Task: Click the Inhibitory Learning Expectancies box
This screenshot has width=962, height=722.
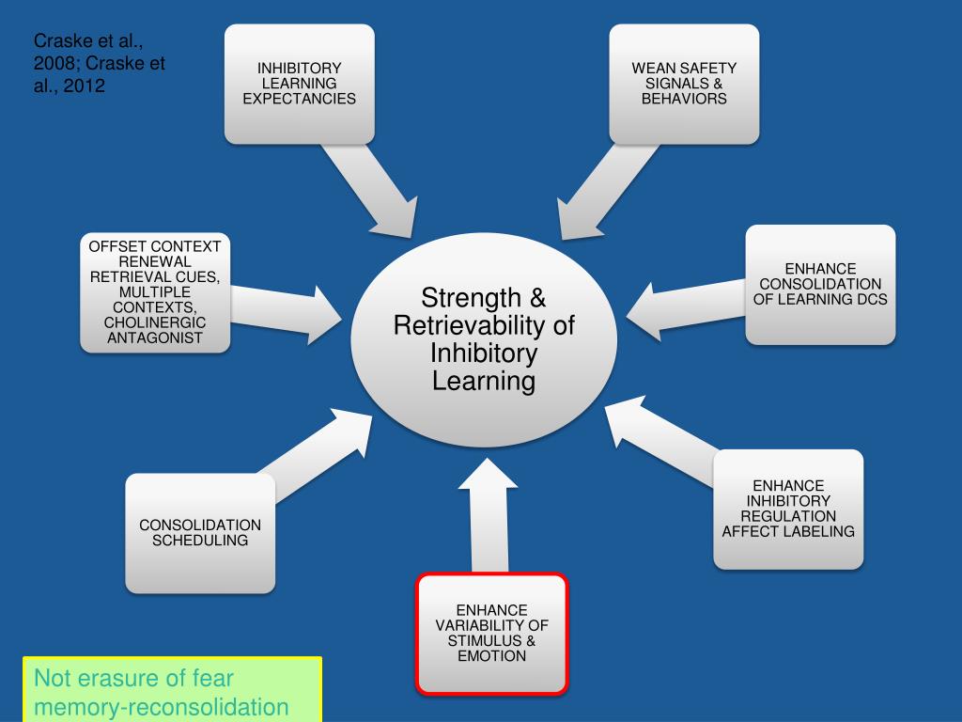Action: click(x=299, y=84)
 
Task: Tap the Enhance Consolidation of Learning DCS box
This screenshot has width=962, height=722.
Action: click(x=820, y=284)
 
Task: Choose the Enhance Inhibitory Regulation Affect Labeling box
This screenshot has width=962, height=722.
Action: click(x=788, y=509)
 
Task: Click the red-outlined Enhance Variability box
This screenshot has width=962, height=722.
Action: click(x=491, y=634)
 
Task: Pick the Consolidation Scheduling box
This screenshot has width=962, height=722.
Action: click(x=200, y=532)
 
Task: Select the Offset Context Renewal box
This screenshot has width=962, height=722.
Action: click(x=155, y=292)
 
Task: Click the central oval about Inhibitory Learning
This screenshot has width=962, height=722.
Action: click(x=484, y=339)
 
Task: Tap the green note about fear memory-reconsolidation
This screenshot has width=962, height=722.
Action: click(x=172, y=692)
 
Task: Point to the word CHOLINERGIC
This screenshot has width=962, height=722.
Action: click(x=155, y=322)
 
